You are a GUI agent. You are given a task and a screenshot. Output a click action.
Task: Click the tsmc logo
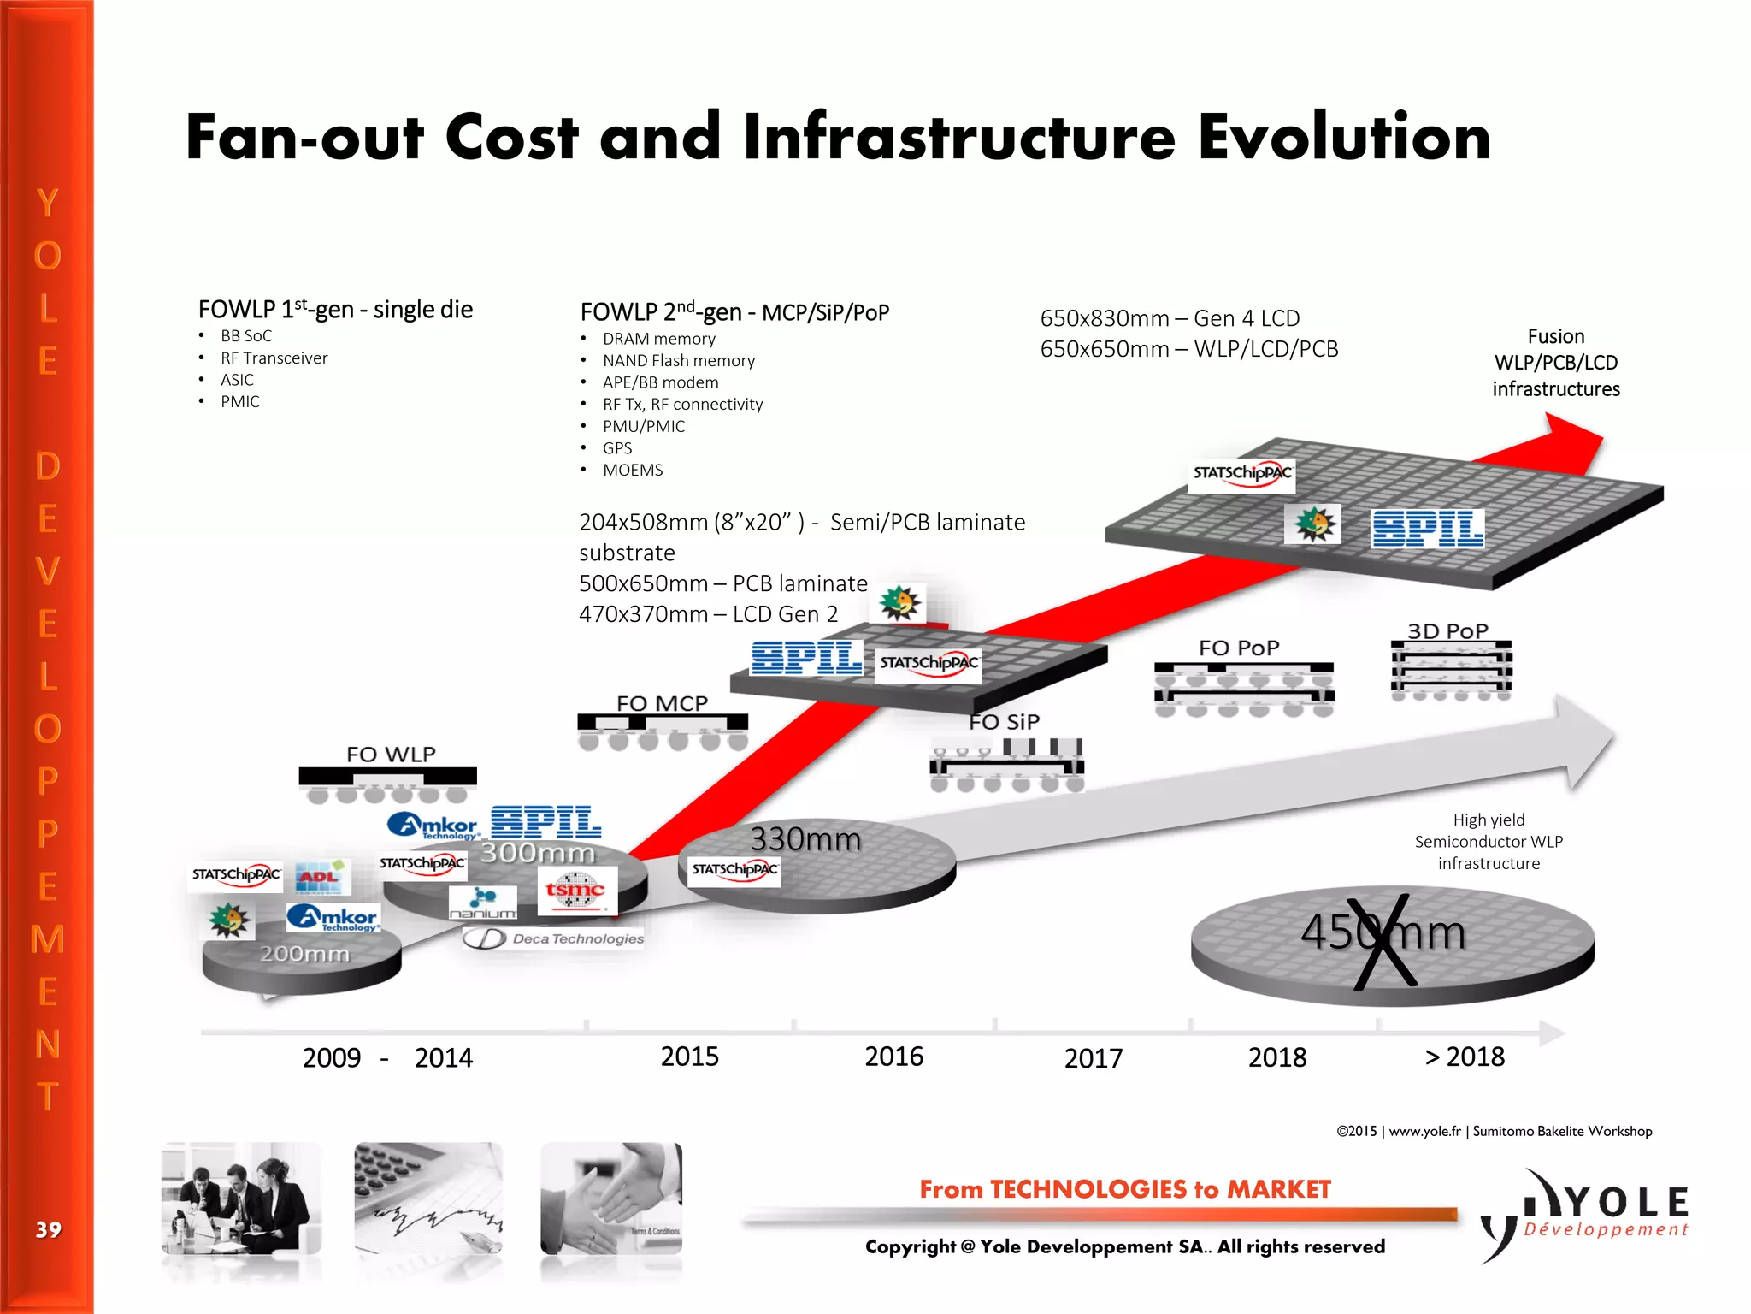575,890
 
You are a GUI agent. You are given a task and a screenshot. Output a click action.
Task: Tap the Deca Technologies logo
554,938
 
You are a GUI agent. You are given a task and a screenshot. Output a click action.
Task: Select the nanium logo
483,903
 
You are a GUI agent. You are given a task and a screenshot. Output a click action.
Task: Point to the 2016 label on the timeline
893,1057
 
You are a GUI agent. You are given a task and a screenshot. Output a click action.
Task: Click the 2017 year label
1093,1058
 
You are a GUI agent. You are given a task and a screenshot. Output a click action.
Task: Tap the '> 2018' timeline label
1464,1057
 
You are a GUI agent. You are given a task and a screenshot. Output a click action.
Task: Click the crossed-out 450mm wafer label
1383,932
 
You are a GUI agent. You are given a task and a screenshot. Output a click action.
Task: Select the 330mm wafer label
805,839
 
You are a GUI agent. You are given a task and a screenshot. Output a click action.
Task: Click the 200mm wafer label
304,953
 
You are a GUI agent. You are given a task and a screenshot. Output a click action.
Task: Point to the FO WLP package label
391,755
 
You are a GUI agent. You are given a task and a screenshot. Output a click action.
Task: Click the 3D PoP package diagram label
1447,631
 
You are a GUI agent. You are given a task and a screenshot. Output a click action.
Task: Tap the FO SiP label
1004,722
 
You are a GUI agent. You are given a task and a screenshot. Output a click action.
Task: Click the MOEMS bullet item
633,470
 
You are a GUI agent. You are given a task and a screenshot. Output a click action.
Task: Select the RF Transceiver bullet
274,358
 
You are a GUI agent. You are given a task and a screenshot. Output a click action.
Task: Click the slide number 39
48,1229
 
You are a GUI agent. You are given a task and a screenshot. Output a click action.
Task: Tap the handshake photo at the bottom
611,1199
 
